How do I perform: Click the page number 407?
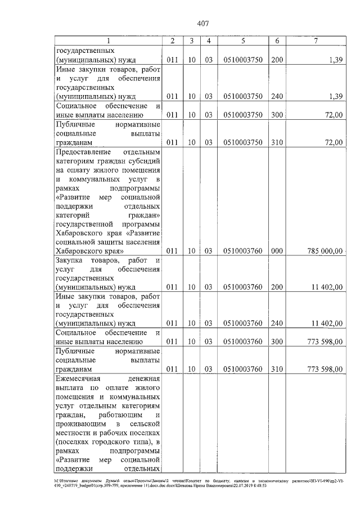point(203,23)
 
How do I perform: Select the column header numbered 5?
point(242,40)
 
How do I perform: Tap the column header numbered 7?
point(317,40)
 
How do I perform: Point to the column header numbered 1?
point(109,40)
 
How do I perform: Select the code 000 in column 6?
point(276,250)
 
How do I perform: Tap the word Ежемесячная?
point(79,381)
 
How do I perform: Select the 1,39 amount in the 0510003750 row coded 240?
point(336,96)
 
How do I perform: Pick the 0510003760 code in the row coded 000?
point(242,250)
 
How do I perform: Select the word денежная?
point(145,381)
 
